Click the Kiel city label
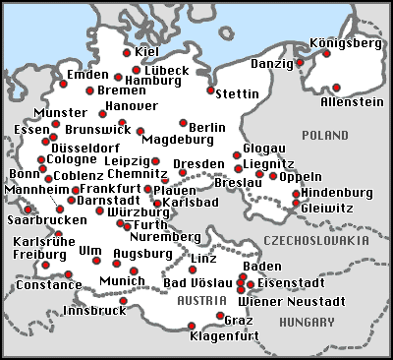[147, 52]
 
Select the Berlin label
[207, 127]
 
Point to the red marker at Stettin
[210, 90]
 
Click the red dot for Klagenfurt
[192, 326]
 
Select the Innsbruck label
[94, 311]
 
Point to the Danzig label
[272, 63]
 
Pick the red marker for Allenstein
[336, 87]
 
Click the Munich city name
[123, 281]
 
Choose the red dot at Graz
[219, 315]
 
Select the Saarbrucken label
[45, 222]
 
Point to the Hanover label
[131, 105]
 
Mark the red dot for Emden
[63, 84]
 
